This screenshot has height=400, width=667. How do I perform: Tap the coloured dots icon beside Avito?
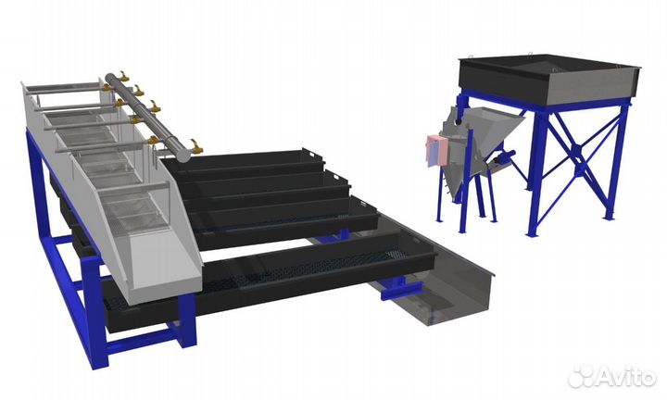point(581,376)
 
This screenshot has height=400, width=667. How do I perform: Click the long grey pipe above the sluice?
point(146,117)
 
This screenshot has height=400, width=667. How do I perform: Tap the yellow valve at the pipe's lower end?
point(196,146)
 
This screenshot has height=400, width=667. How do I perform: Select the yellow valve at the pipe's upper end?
point(124,77)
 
